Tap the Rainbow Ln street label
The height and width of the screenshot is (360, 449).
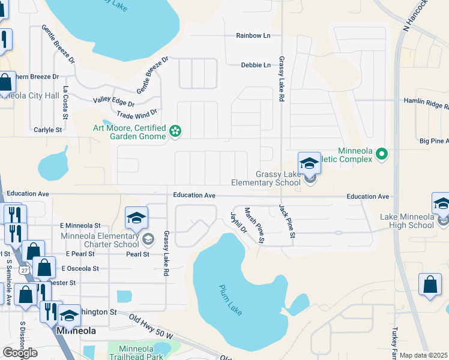click(x=253, y=36)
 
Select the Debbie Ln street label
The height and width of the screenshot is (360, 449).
click(x=256, y=65)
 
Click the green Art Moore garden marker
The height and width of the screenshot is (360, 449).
click(x=175, y=131)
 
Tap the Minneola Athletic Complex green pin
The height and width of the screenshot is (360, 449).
click(x=381, y=155)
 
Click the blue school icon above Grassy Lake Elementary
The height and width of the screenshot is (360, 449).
click(x=309, y=163)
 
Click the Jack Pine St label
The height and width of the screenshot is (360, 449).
click(x=286, y=221)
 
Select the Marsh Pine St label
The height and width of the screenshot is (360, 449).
click(x=255, y=225)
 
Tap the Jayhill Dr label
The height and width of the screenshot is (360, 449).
click(x=238, y=222)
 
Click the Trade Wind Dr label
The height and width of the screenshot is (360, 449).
click(x=137, y=113)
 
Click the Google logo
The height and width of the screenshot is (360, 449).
click(x=20, y=352)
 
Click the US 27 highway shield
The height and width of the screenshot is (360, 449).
click(x=24, y=271)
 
